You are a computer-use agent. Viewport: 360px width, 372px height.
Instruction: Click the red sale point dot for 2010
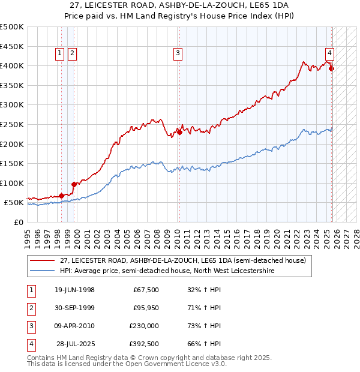point(179,132)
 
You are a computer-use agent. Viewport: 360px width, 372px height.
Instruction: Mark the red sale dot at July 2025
point(332,68)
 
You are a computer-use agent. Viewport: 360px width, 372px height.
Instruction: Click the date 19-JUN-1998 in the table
point(74,290)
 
